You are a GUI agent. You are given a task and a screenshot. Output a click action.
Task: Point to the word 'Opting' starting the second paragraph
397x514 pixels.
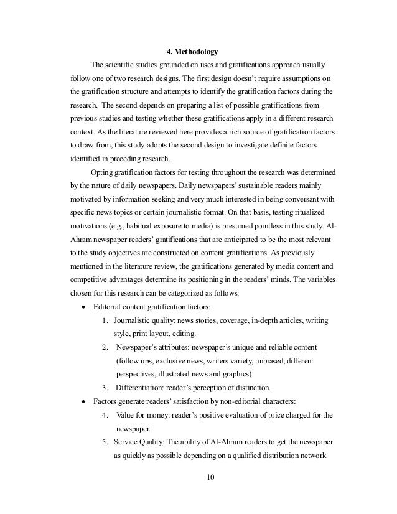102,172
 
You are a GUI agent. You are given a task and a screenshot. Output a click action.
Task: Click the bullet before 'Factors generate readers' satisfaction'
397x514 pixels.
84,401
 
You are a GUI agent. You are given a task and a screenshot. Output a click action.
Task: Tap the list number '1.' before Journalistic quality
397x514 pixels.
104,320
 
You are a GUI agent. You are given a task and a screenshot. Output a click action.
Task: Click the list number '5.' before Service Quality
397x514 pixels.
104,442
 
